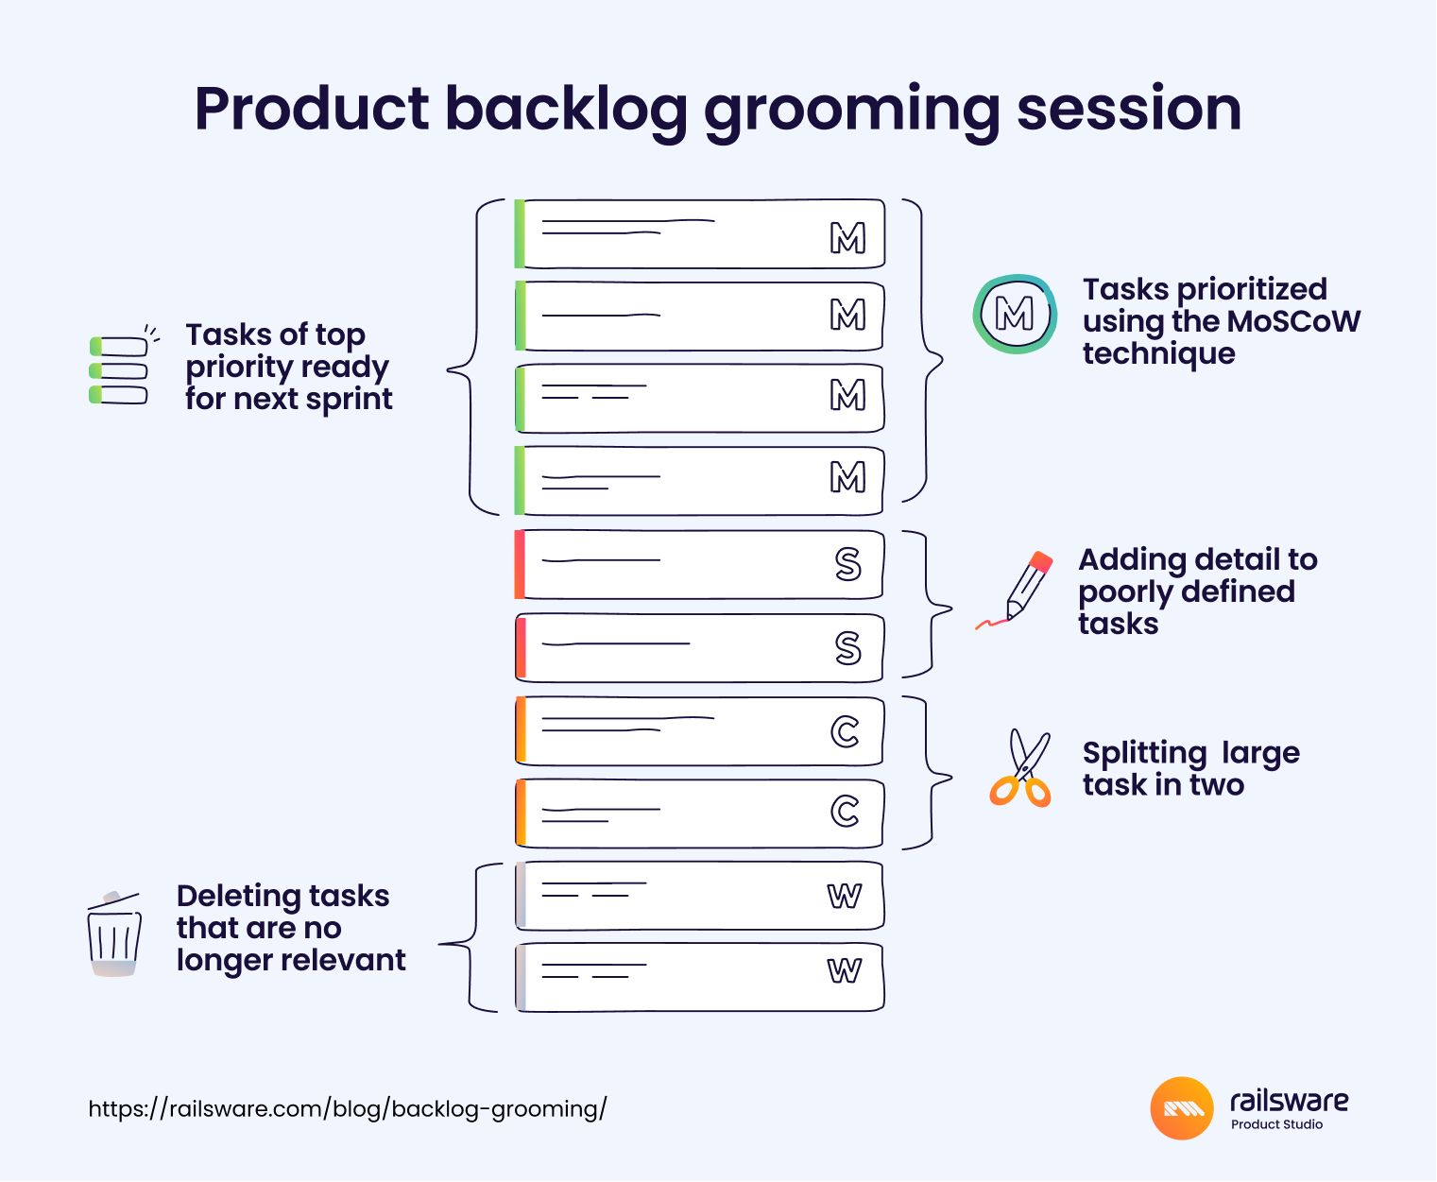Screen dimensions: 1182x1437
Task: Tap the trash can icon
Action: (x=114, y=934)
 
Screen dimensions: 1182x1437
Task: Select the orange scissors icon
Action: (x=1020, y=769)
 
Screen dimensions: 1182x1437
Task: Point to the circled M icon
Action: (x=1015, y=315)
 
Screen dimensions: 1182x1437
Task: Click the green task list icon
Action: (x=119, y=369)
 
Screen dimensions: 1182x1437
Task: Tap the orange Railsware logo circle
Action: (x=1182, y=1108)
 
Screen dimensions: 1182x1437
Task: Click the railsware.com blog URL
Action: (x=348, y=1108)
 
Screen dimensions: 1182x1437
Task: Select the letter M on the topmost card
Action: (x=847, y=238)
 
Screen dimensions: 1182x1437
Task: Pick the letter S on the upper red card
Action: (x=847, y=564)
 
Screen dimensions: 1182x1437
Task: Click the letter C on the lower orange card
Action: (x=845, y=811)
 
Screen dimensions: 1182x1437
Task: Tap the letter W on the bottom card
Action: (x=844, y=970)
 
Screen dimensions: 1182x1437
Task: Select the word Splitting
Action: (x=1144, y=754)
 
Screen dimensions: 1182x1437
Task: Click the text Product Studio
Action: (x=1276, y=1124)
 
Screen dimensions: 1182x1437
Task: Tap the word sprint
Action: (x=349, y=400)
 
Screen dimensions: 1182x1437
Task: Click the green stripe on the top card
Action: (x=519, y=233)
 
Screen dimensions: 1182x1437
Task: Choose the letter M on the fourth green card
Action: (x=847, y=478)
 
